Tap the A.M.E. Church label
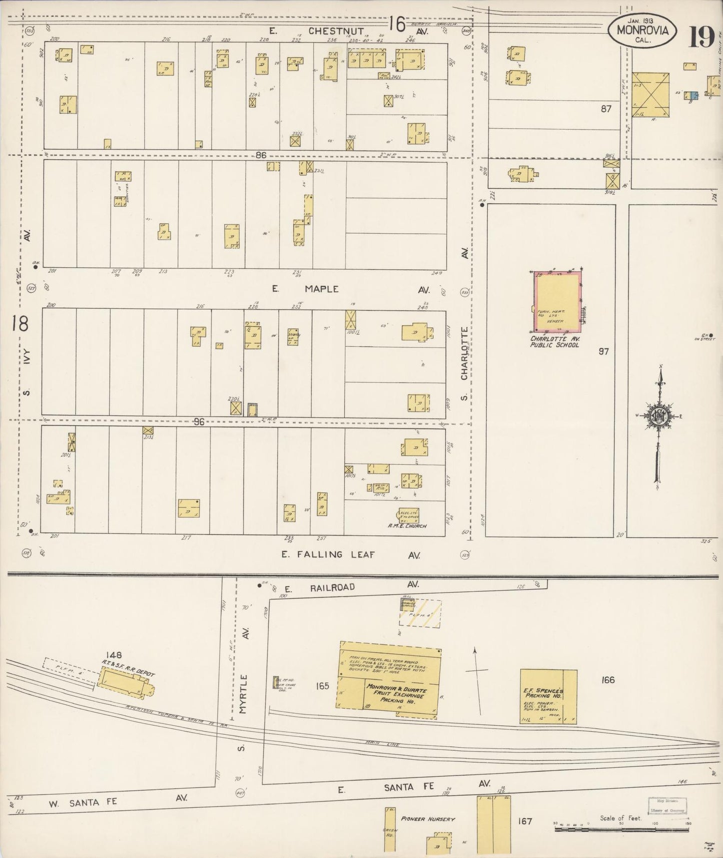[x=407, y=526]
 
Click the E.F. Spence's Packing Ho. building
[x=548, y=696]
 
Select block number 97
[x=603, y=351]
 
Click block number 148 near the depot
[x=114, y=655]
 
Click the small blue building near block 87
[x=692, y=95]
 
